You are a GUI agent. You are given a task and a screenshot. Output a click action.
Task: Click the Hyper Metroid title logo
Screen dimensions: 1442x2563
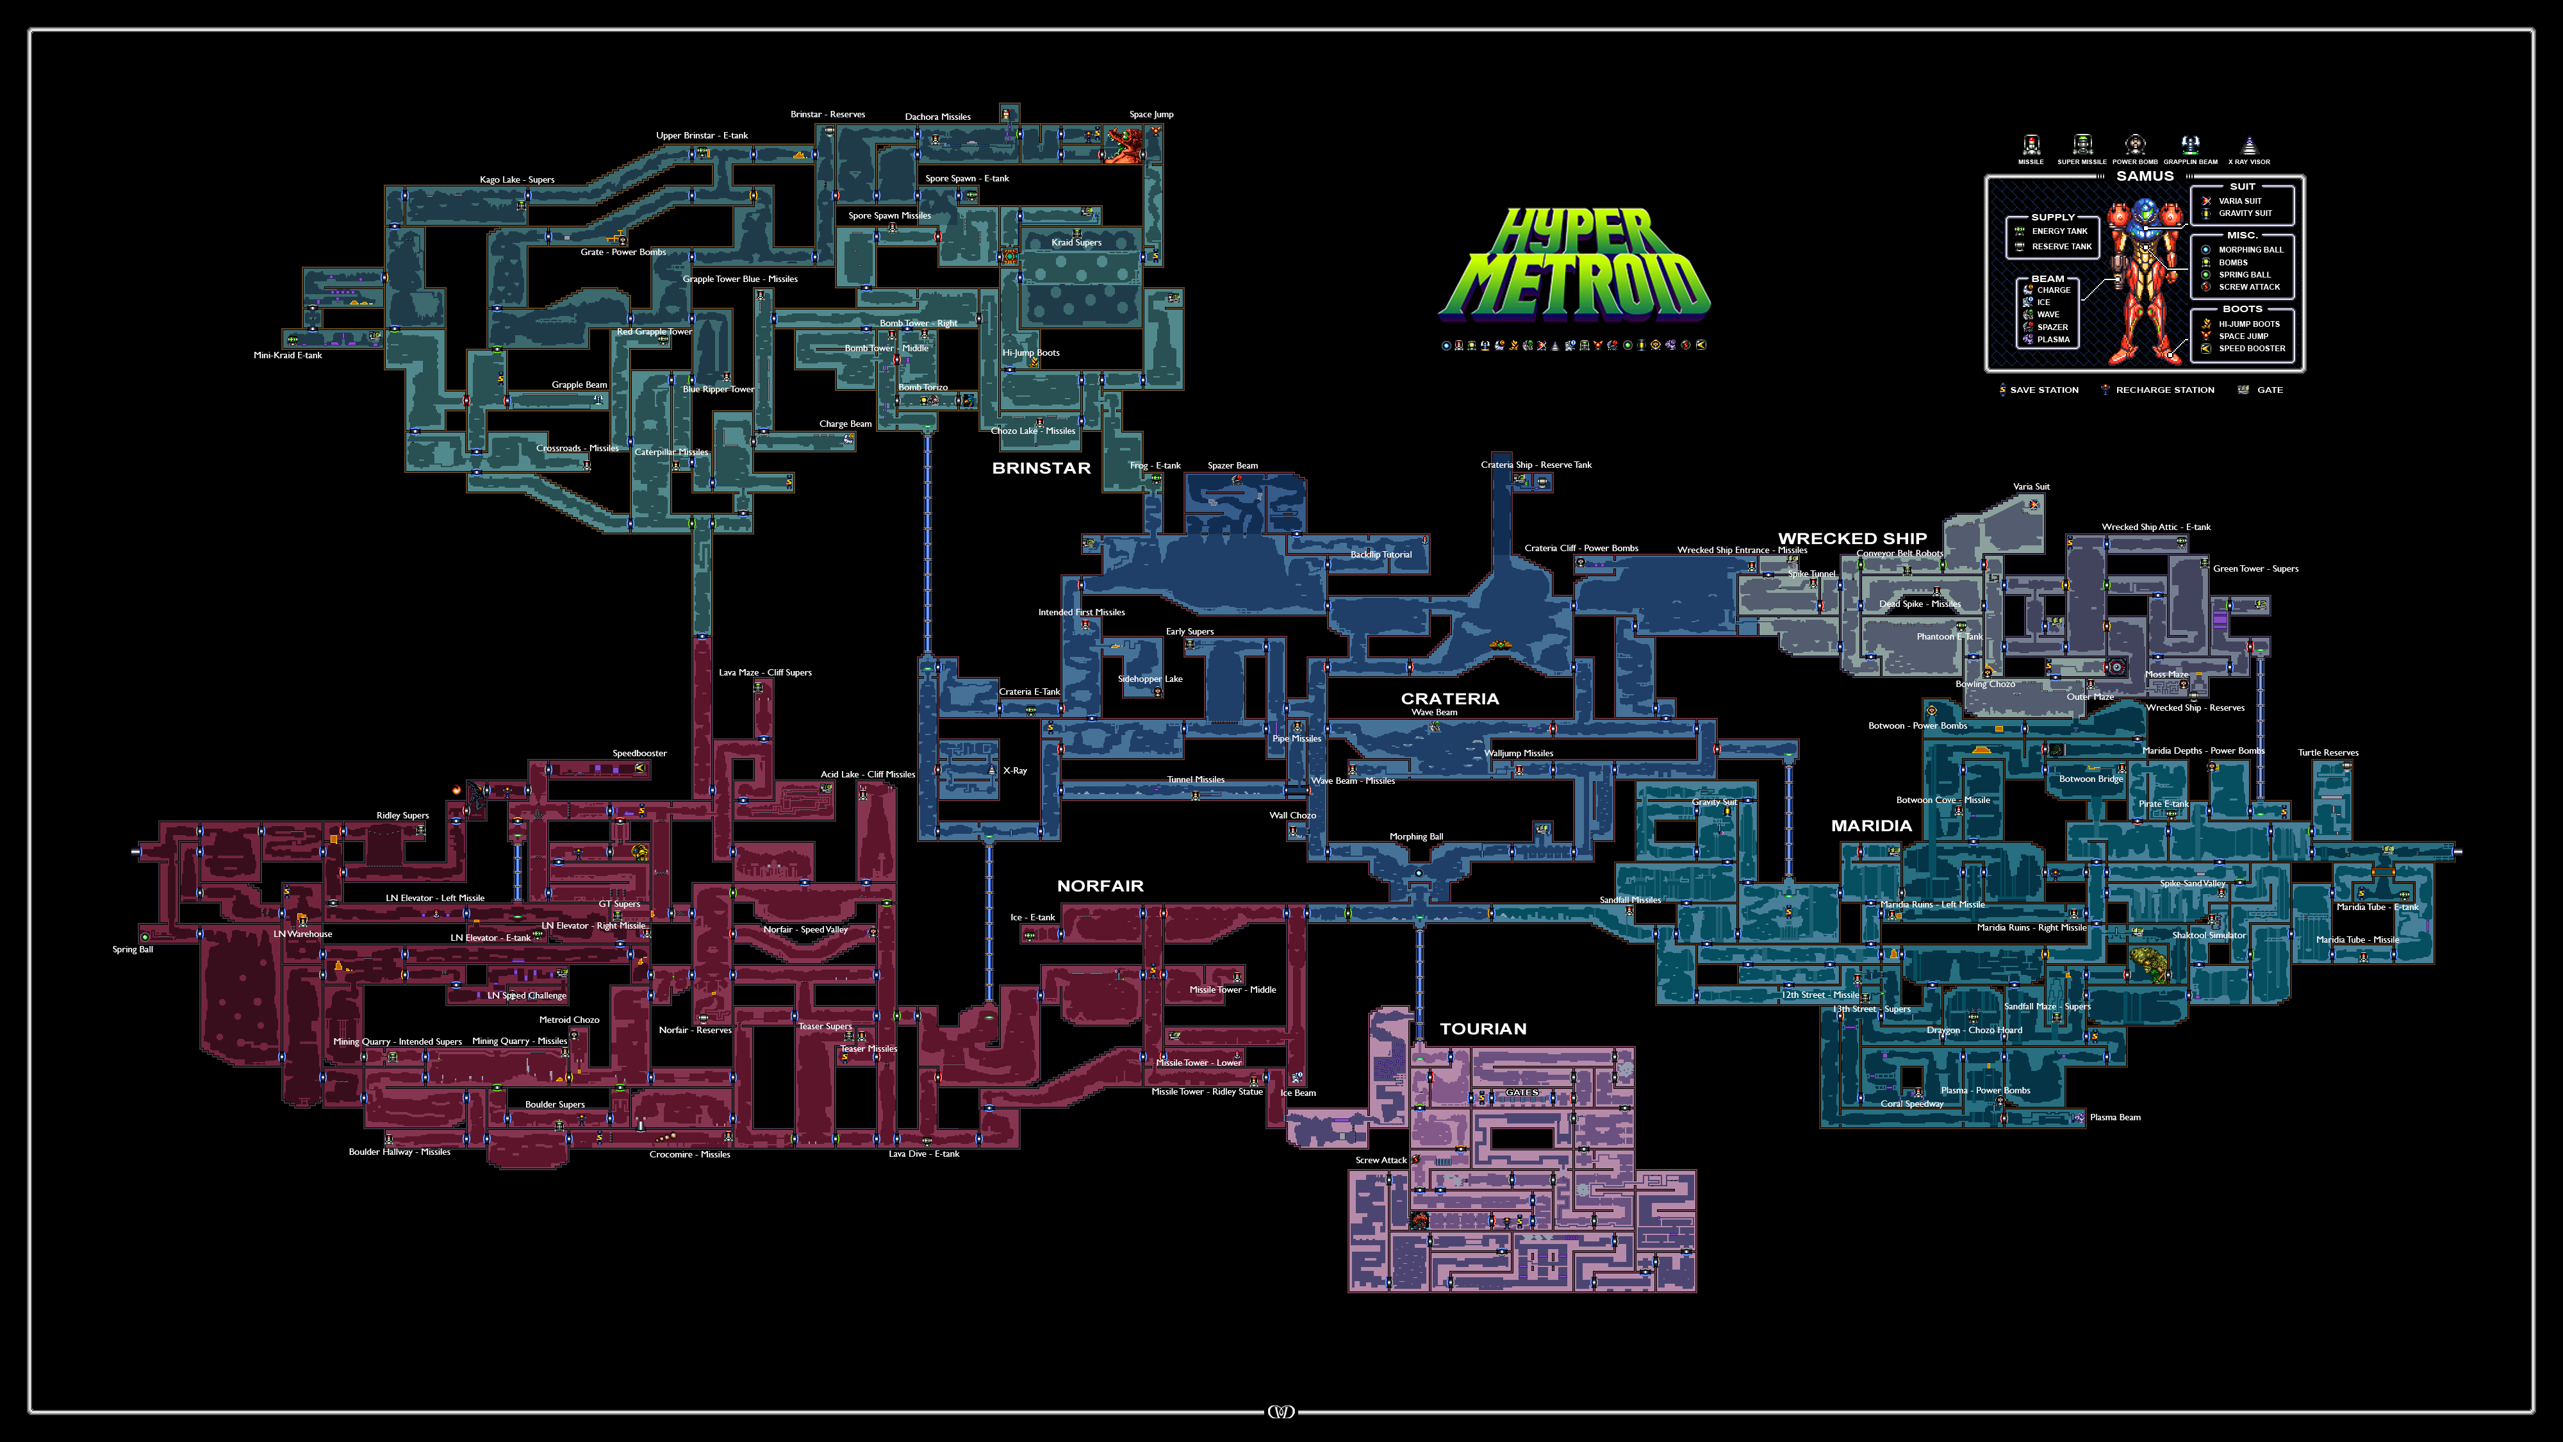pyautogui.click(x=1574, y=263)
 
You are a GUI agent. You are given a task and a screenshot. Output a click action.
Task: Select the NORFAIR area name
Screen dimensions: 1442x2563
pyautogui.click(x=1100, y=886)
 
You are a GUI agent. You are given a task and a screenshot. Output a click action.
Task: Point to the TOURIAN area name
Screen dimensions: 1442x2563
pyautogui.click(x=1483, y=1029)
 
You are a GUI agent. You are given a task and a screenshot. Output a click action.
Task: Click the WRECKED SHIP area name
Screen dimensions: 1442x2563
pyautogui.click(x=1852, y=538)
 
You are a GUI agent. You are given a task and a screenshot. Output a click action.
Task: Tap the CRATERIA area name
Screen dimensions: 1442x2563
pyautogui.click(x=1449, y=699)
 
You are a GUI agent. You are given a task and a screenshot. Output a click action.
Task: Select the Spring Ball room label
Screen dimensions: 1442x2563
pyautogui.click(x=133, y=949)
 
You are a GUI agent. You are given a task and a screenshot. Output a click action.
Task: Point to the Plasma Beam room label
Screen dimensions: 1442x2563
pyautogui.click(x=2114, y=1118)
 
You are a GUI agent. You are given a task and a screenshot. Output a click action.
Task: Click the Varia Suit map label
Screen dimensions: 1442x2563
pyautogui.click(x=2031, y=486)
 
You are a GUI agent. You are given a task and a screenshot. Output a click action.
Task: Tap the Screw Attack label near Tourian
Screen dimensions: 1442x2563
pyautogui.click(x=1380, y=1161)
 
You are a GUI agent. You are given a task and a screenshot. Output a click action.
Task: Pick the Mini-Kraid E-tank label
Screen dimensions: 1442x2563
pyautogui.click(x=288, y=355)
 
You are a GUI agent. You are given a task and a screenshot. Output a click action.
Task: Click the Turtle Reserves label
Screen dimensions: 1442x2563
pyautogui.click(x=2327, y=752)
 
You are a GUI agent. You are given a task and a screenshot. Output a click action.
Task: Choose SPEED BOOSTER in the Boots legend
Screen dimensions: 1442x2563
pyautogui.click(x=2252, y=348)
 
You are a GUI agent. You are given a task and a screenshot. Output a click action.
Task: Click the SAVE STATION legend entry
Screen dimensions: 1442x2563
pyautogui.click(x=2043, y=390)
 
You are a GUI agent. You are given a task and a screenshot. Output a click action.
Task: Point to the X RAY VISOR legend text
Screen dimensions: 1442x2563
pyautogui.click(x=2248, y=162)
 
